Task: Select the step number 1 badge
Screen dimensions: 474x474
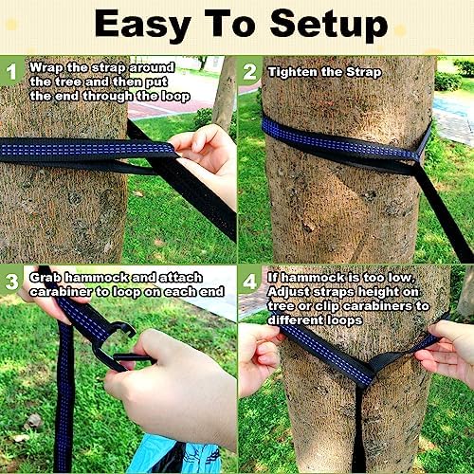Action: [11, 69]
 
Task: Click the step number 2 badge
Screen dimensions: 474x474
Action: [249, 70]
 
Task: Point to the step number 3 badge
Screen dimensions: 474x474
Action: [11, 280]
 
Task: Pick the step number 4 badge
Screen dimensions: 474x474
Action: [249, 282]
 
